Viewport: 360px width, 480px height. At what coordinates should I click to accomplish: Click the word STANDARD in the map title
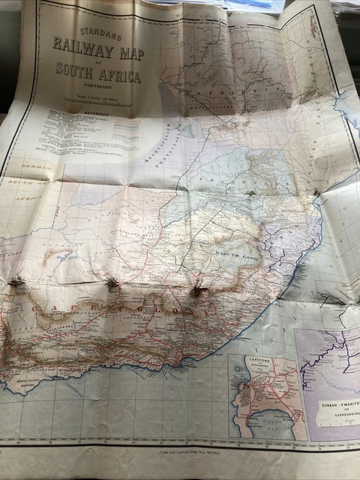[98, 35]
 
